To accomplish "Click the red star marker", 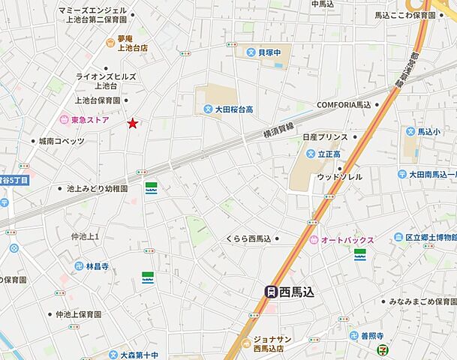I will tap(133, 123).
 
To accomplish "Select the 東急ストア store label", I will tap(89, 119).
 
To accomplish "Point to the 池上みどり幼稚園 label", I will tap(97, 189).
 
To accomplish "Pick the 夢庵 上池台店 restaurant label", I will tap(131, 43).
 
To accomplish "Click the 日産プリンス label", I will tap(325, 137).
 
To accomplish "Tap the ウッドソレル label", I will tap(339, 176).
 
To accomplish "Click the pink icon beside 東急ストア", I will tap(65, 119).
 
